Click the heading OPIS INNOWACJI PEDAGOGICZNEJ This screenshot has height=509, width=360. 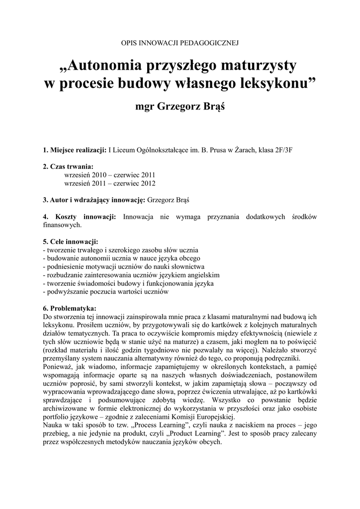(x=180, y=44)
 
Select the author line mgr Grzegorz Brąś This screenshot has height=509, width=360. (x=180, y=106)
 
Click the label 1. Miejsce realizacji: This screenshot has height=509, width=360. (x=75, y=150)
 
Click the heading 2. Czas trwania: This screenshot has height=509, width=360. (x=68, y=167)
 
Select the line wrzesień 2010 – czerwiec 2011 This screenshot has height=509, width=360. (x=110, y=175)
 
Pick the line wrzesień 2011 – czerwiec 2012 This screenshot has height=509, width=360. (x=110, y=183)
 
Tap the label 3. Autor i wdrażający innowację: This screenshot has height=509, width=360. (x=94, y=200)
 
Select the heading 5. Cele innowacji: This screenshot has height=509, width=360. (x=71, y=242)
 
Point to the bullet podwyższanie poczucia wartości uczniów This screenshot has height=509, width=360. (x=106, y=292)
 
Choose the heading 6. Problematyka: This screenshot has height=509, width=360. (x=70, y=309)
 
